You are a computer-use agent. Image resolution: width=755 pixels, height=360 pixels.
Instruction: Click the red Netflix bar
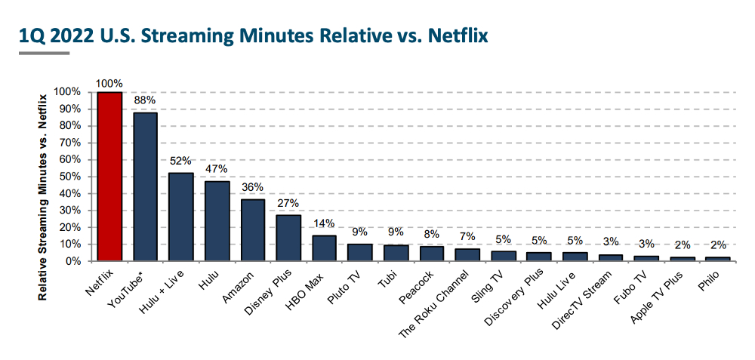(x=109, y=177)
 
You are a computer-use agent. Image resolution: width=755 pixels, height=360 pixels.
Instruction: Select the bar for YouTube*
(x=146, y=186)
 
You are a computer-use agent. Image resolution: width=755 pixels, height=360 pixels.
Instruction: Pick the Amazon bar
(x=253, y=230)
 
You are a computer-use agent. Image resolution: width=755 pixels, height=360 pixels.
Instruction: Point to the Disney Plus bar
(x=288, y=238)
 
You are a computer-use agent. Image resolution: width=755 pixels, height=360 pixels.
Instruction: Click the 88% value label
(x=145, y=100)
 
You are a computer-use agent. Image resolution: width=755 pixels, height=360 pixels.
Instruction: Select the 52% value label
(x=181, y=161)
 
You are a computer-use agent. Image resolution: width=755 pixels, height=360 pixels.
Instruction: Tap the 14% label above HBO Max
(x=325, y=223)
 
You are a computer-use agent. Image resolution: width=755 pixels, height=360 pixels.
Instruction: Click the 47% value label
(x=217, y=169)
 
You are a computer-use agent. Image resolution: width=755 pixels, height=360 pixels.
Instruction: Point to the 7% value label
(x=468, y=236)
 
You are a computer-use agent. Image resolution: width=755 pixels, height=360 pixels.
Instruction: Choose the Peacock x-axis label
(x=422, y=282)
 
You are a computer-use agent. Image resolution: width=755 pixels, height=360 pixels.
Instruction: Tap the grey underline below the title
(x=44, y=53)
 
